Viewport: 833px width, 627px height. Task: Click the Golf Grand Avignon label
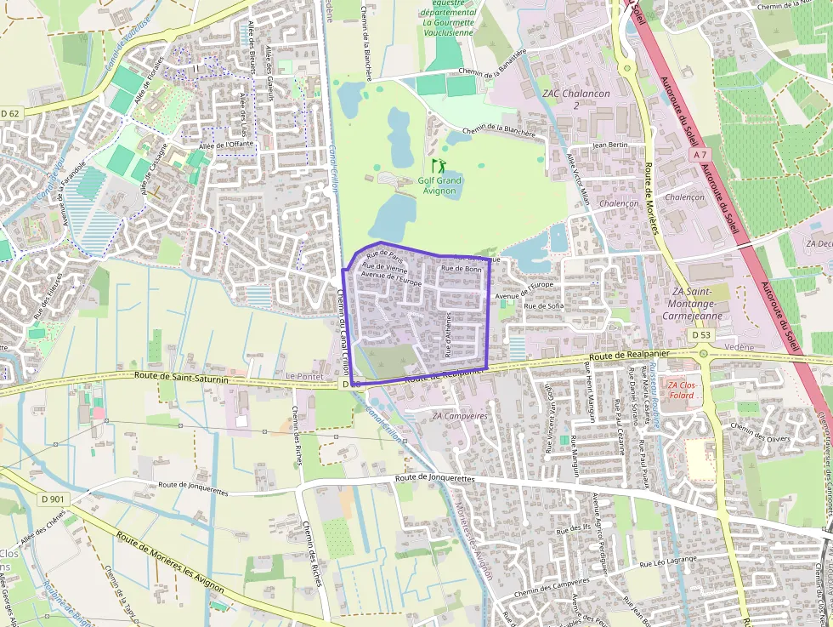pyautogui.click(x=439, y=185)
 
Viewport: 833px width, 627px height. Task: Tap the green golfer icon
pyautogui.click(x=439, y=165)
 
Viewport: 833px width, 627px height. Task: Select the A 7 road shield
pyautogui.click(x=700, y=155)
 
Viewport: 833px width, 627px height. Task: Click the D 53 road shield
pyautogui.click(x=700, y=335)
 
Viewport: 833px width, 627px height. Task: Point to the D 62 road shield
pyautogui.click(x=10, y=112)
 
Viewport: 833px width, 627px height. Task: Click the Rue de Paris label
pyautogui.click(x=382, y=254)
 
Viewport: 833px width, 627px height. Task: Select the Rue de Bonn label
pyautogui.click(x=462, y=269)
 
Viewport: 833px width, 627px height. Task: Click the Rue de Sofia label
pyautogui.click(x=544, y=305)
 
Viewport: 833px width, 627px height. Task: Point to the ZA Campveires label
pyautogui.click(x=460, y=416)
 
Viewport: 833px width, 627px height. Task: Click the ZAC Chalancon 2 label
pyautogui.click(x=575, y=100)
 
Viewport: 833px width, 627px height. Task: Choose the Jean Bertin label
pyautogui.click(x=609, y=145)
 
